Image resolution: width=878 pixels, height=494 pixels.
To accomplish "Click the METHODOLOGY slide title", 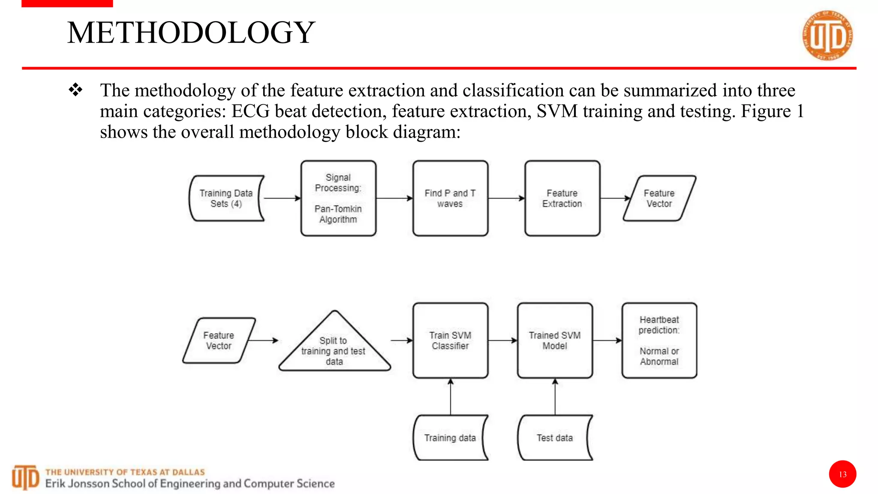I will tap(191, 33).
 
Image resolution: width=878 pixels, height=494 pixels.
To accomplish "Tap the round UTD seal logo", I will tap(827, 36).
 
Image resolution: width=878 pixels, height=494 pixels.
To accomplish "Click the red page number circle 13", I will tap(842, 474).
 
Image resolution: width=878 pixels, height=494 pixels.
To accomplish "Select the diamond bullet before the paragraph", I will tap(75, 90).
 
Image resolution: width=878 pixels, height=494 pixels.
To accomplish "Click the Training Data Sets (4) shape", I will tap(226, 198).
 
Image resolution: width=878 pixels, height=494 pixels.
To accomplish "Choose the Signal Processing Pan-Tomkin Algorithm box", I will tap(338, 198).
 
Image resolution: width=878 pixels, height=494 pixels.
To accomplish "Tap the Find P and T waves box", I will tap(450, 198).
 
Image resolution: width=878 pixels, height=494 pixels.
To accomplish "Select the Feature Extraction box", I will tap(562, 198).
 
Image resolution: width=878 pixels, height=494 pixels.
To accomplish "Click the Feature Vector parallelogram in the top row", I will tap(659, 198).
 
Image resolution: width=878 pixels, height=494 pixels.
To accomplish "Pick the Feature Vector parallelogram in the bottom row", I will tap(219, 340).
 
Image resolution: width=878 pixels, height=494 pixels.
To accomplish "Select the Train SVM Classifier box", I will tap(450, 340).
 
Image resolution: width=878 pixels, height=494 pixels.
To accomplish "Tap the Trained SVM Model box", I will tap(555, 340).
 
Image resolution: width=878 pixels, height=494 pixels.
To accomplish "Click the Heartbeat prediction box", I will tap(659, 340).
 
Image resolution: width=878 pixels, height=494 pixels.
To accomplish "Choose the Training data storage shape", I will tap(450, 437).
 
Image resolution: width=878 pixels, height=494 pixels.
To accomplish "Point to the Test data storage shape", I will tap(555, 437).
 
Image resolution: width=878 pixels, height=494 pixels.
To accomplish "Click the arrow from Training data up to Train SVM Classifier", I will tap(450, 397).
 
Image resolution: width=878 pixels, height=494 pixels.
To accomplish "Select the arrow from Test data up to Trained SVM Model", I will tap(555, 397).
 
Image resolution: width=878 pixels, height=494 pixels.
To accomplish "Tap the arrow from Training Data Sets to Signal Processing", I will tap(282, 198).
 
